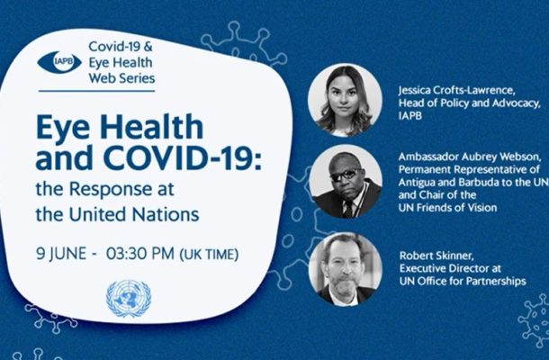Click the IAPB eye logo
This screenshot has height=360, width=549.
(59, 62)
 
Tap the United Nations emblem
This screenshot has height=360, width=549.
(129, 299)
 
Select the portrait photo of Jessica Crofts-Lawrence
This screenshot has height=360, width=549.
(345, 100)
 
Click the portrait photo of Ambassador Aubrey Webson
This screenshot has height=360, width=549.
(346, 182)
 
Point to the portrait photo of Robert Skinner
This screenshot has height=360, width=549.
(346, 269)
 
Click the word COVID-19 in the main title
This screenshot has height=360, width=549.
(183, 157)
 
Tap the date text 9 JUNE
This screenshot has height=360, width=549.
(61, 254)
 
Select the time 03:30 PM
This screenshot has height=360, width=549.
(140, 253)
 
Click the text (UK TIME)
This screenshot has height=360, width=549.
(209, 254)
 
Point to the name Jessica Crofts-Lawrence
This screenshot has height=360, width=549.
(456, 90)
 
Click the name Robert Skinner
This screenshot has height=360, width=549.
(436, 256)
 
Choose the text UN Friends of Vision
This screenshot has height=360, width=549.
(447, 208)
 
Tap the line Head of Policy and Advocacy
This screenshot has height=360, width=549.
(469, 103)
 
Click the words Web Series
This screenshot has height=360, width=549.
(121, 77)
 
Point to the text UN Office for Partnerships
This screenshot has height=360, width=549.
(463, 281)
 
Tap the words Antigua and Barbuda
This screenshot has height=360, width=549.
(450, 182)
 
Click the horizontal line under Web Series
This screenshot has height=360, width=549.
(96, 91)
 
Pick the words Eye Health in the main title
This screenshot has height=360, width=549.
(120, 128)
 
